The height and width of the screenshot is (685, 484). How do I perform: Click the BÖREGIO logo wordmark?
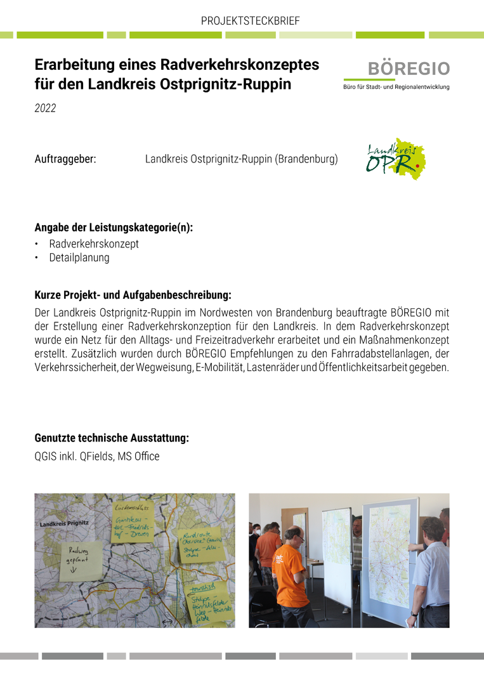pyautogui.click(x=409, y=68)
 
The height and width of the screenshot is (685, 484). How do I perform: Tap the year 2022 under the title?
pyautogui.click(x=45, y=108)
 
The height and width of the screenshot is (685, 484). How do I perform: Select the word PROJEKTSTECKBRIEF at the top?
pyautogui.click(x=250, y=21)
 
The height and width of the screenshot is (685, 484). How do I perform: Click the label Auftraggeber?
pyautogui.click(x=65, y=159)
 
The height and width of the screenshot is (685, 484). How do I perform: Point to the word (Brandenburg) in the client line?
pyautogui.click(x=306, y=159)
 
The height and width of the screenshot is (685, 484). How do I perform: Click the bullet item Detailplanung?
pyautogui.click(x=79, y=258)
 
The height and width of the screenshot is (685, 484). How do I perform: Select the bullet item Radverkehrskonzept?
pyautogui.click(x=94, y=244)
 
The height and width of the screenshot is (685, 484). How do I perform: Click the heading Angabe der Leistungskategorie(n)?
pyautogui.click(x=114, y=228)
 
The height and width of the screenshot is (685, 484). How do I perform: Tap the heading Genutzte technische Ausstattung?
pyautogui.click(x=112, y=438)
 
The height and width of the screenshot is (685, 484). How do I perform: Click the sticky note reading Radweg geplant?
pyautogui.click(x=81, y=558)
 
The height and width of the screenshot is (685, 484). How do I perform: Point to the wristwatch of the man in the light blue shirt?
pyautogui.click(x=414, y=613)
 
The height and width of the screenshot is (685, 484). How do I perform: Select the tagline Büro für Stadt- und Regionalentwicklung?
pyautogui.click(x=396, y=86)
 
